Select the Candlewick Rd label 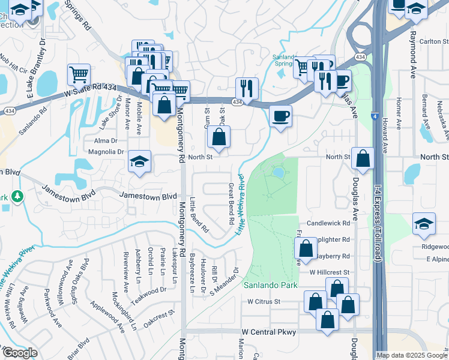pyautogui.click(x=328, y=223)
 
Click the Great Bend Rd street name pyautogui.click(x=231, y=204)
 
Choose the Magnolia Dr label pyautogui.click(x=105, y=152)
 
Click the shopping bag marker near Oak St pyautogui.click(x=220, y=137)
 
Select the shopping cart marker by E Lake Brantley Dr pyautogui.click(x=79, y=75)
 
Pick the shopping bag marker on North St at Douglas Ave pyautogui.click(x=363, y=158)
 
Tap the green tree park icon pyautogui.click(x=17, y=196)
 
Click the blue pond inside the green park pyautogui.click(x=279, y=173)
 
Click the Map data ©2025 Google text pyautogui.click(x=412, y=355)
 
